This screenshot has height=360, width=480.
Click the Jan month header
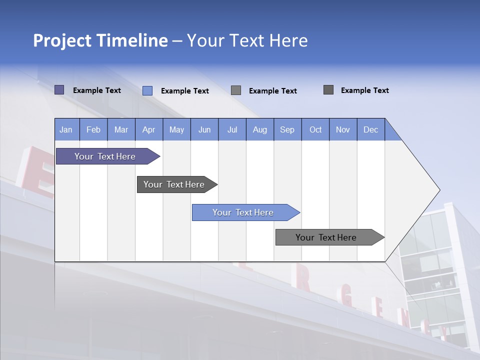66,129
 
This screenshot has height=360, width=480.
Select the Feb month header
93,129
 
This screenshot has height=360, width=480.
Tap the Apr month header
149,129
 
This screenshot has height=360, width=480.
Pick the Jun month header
204,129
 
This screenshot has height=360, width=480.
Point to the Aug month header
260,129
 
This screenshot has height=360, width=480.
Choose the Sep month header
287,129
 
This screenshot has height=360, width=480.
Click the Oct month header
315,129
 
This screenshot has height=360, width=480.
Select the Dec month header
371,129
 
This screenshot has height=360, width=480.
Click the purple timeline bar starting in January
105,156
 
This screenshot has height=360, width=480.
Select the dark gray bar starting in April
174,184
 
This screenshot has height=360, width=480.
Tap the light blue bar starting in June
243,212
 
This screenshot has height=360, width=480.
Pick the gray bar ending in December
326,237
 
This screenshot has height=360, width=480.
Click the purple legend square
59,90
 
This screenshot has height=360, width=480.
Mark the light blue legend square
147,90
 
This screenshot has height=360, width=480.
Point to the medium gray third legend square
236,90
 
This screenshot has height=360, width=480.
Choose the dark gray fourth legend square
328,90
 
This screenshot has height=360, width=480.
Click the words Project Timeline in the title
100,40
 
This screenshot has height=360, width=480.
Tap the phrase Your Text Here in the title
247,40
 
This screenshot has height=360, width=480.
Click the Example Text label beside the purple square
97,90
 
